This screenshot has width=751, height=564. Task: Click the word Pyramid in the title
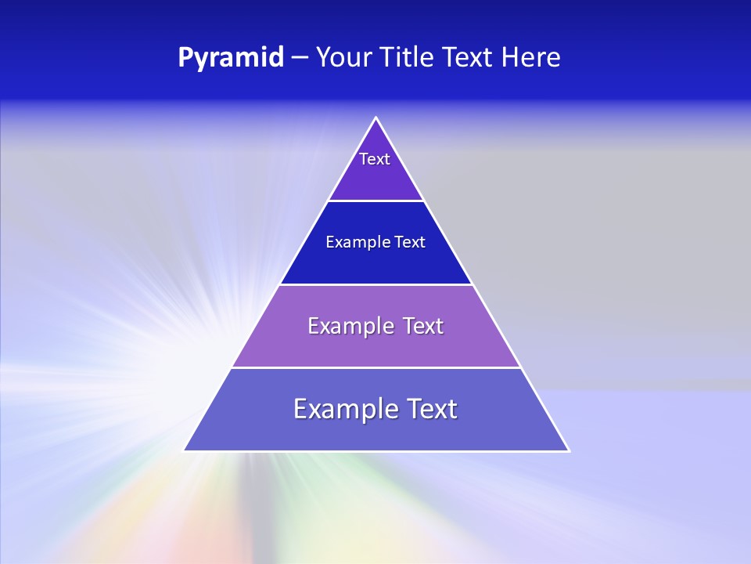pos(230,58)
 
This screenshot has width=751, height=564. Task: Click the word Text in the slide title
pos(469,58)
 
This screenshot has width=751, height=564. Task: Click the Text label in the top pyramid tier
pos(375,159)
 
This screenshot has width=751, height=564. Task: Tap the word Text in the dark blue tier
pos(411,242)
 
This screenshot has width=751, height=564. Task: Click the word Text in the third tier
pos(423,326)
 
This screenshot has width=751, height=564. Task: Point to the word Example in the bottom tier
pos(337,409)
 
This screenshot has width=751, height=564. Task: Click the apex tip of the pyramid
pos(376,118)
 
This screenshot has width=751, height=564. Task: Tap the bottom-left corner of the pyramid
pos(185,450)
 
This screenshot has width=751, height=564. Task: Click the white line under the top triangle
pos(376,201)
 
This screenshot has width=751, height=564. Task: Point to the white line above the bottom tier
pos(376,367)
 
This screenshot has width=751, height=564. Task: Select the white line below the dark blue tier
pos(376,284)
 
